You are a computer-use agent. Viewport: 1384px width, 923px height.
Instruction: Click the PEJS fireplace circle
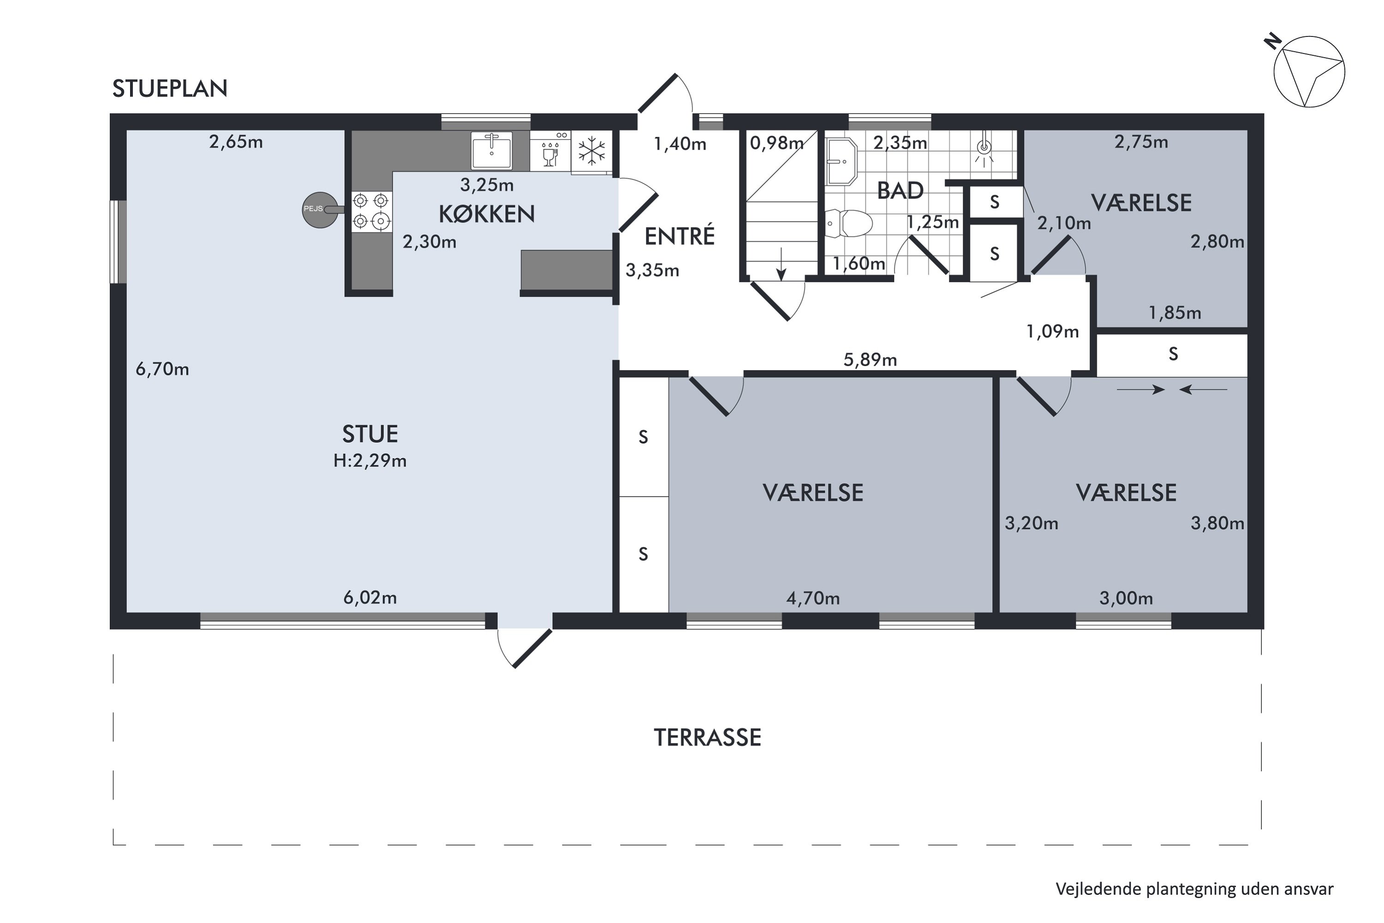[320, 210]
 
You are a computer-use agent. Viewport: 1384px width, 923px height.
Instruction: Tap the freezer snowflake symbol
[591, 151]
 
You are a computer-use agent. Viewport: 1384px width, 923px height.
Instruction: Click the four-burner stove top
[372, 211]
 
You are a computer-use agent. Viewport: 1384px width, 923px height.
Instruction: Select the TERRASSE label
[707, 737]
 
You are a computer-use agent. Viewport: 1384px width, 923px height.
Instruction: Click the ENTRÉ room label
[680, 235]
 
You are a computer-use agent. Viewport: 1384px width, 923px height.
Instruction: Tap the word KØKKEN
[487, 214]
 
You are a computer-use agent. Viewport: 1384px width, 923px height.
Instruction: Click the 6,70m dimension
[162, 369]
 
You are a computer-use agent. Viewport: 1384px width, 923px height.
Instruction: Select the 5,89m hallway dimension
[870, 359]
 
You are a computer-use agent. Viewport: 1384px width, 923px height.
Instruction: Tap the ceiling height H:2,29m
[370, 460]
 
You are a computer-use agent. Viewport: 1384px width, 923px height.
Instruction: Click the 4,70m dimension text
[813, 598]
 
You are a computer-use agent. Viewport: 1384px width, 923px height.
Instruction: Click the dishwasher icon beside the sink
[550, 151]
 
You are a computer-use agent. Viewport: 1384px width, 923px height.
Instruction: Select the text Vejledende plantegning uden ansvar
[1194, 889]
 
